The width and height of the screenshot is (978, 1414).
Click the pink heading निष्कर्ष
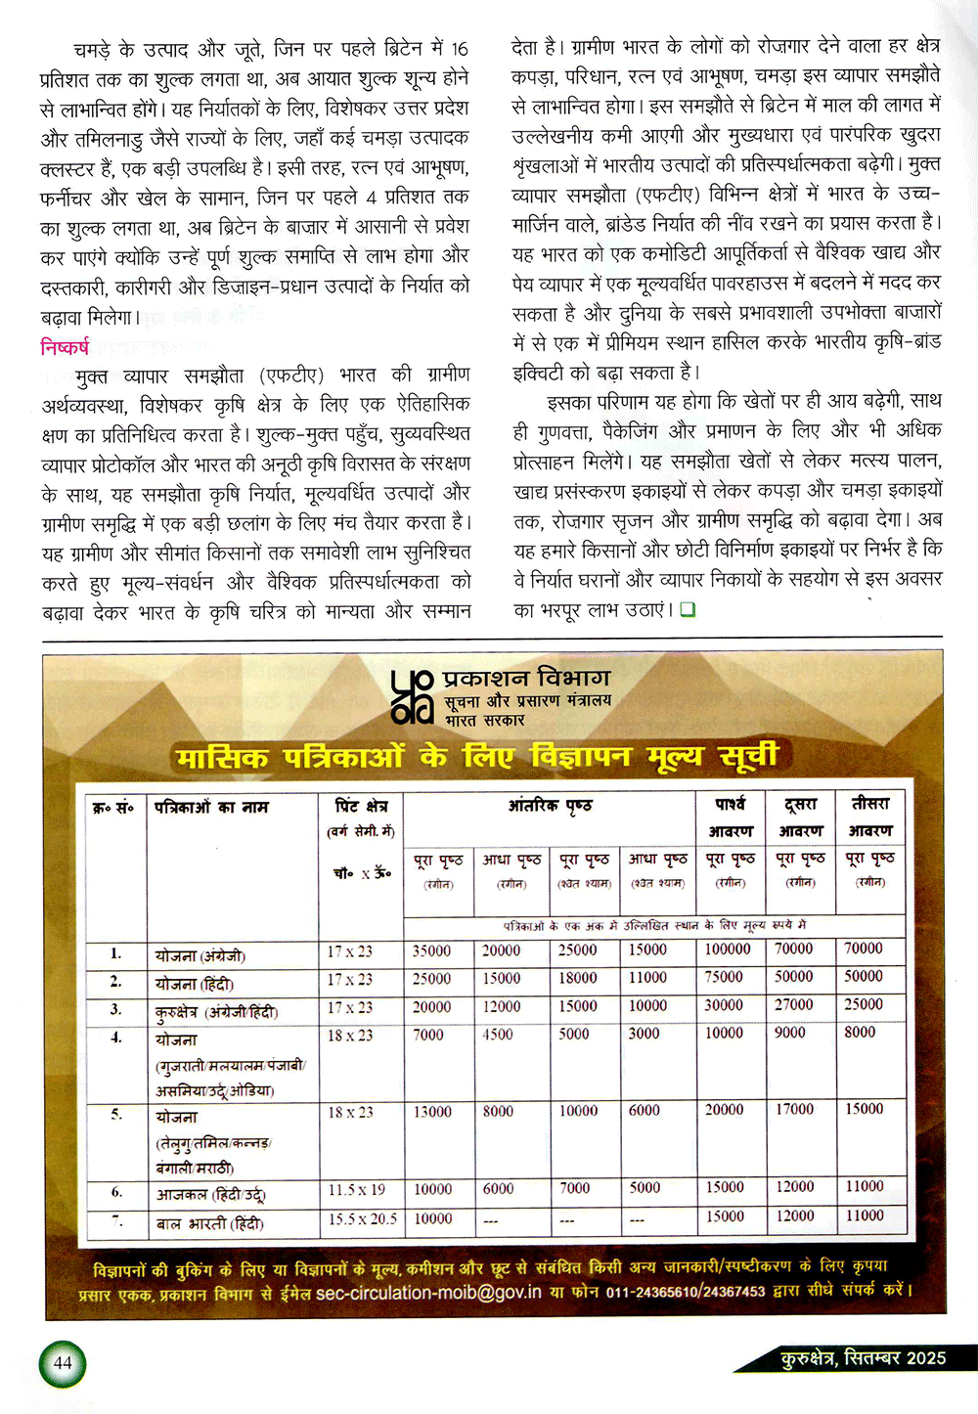(x=65, y=346)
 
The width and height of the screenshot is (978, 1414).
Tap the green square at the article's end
(x=688, y=609)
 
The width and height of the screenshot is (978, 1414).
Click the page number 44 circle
(x=63, y=1363)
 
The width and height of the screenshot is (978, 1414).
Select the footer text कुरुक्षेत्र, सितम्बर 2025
(x=863, y=1357)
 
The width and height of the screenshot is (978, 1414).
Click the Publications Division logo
(x=411, y=696)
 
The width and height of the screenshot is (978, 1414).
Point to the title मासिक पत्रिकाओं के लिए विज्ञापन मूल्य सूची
(x=477, y=757)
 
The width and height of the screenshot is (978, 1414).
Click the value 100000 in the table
(x=728, y=949)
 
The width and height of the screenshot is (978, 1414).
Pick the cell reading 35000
(x=431, y=950)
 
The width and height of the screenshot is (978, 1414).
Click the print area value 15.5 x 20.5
(x=362, y=1218)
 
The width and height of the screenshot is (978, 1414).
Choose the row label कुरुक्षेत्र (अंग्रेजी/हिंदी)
(x=216, y=1011)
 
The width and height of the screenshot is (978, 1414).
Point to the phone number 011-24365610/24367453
(x=686, y=1292)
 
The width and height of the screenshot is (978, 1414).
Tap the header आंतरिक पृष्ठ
(x=550, y=805)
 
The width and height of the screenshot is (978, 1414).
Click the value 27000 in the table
(x=793, y=1004)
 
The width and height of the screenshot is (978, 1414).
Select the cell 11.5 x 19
(x=356, y=1190)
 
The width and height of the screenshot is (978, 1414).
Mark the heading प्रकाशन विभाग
(x=527, y=678)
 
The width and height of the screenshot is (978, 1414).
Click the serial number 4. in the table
(x=115, y=1037)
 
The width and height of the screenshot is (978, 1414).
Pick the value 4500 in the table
(x=497, y=1034)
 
